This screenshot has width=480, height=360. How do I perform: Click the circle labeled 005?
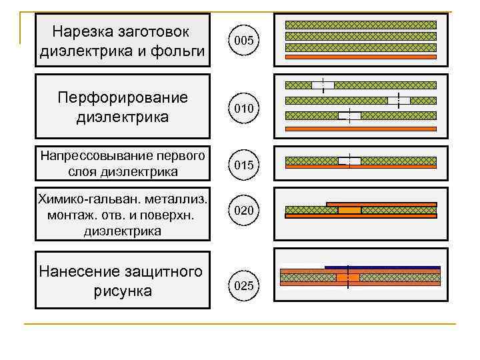point(243,41)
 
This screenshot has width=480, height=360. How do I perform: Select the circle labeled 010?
point(243,108)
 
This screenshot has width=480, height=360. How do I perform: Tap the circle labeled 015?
point(243,165)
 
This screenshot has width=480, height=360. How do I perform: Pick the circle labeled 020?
point(243,211)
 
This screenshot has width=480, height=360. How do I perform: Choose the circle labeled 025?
point(243,287)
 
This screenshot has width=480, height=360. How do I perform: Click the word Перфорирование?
point(123,98)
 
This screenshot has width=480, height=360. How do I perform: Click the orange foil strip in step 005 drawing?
point(361,57)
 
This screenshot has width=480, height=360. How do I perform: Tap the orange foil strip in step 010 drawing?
point(361,128)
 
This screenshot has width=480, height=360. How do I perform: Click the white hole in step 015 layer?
point(349,161)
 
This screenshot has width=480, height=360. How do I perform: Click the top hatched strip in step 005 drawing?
point(361,25)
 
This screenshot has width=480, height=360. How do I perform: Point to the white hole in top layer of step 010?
point(323,85)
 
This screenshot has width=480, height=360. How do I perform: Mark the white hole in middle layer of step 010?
point(399,101)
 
